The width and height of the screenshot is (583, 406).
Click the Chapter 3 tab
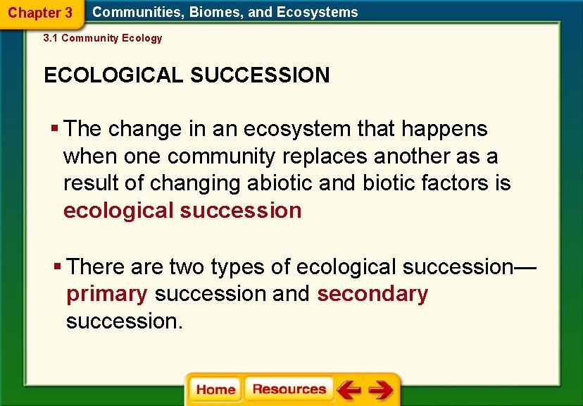[x=40, y=13]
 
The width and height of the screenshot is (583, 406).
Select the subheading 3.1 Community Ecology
[x=103, y=38]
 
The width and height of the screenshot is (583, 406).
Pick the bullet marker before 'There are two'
[x=58, y=267]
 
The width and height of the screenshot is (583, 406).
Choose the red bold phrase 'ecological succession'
[x=182, y=211]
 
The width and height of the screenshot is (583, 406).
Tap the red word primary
[x=107, y=294]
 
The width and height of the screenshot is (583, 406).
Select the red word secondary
[x=372, y=294]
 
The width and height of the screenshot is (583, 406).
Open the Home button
[x=215, y=390]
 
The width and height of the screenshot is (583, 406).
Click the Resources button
[x=289, y=390]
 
